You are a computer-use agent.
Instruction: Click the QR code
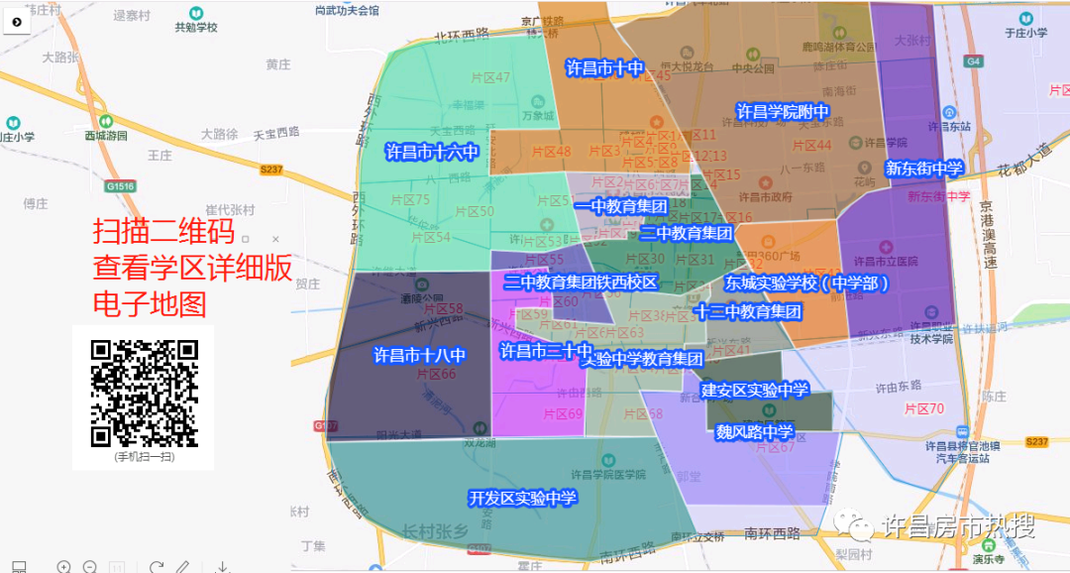pyautogui.click(x=145, y=393)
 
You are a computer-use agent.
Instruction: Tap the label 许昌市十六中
pyautogui.click(x=432, y=153)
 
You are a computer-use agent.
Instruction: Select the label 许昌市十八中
pyautogui.click(x=419, y=354)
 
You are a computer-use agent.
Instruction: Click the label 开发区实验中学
pyautogui.click(x=522, y=498)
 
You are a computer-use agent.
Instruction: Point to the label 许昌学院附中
pyautogui.click(x=782, y=111)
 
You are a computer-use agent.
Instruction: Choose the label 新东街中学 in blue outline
pyautogui.click(x=923, y=169)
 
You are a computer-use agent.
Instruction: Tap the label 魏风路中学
pyautogui.click(x=755, y=431)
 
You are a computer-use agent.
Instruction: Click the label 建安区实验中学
pyautogui.click(x=755, y=390)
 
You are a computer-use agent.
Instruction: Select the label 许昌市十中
pyautogui.click(x=604, y=68)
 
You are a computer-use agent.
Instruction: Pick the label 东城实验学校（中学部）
pyautogui.click(x=805, y=284)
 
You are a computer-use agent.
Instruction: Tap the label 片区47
pyautogui.click(x=490, y=77)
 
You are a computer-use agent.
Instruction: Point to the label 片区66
pyautogui.click(x=436, y=374)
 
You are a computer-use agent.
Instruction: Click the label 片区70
pyautogui.click(x=923, y=408)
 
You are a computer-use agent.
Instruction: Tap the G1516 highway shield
pyautogui.click(x=120, y=185)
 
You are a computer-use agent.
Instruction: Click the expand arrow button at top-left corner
pyautogui.click(x=17, y=20)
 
